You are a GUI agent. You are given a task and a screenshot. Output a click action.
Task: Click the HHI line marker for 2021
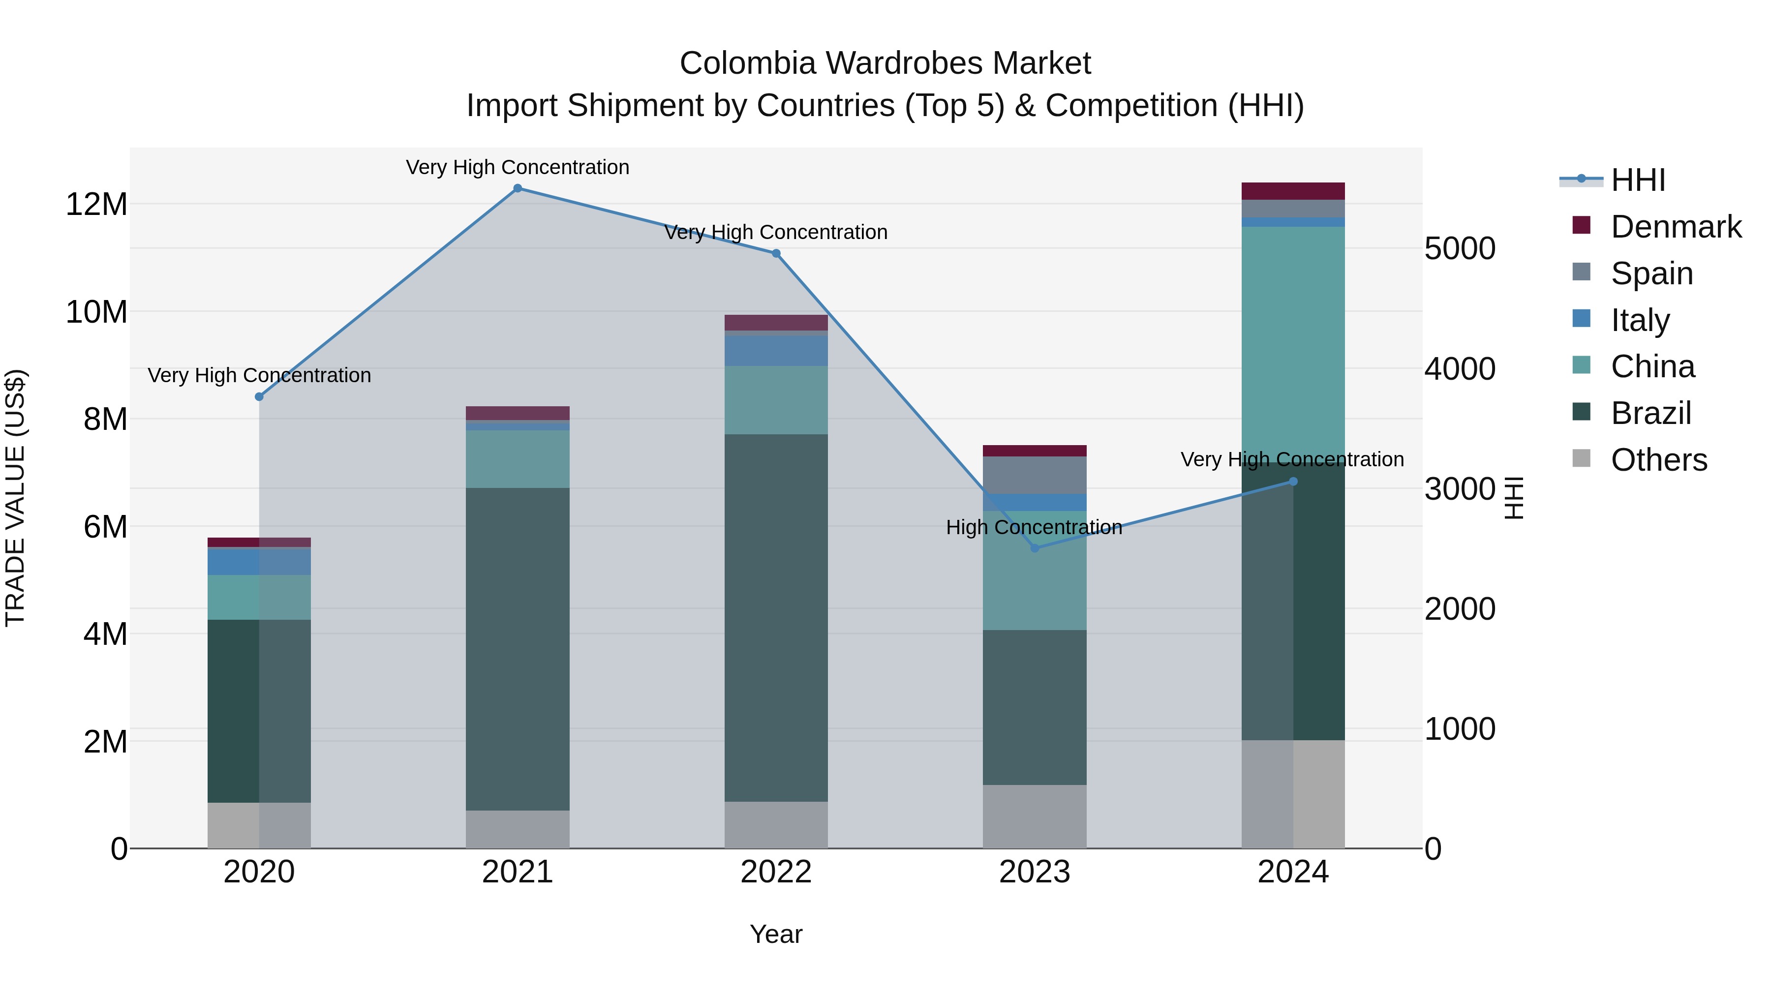point(518,188)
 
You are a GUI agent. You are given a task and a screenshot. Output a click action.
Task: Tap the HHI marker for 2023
point(1035,548)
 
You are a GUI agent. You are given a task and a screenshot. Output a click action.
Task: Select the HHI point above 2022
point(776,254)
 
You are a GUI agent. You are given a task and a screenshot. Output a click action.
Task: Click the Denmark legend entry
point(1676,227)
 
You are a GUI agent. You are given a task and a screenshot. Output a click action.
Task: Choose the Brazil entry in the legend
point(1650,413)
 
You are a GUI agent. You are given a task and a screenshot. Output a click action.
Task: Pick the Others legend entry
point(1658,460)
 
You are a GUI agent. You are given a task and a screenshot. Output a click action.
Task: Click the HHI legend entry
point(1638,180)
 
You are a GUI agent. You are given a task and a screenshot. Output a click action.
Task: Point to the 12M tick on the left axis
point(96,205)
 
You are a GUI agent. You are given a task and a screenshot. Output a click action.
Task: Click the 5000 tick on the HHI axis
point(1460,248)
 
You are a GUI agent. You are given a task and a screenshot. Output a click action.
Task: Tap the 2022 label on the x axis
point(776,872)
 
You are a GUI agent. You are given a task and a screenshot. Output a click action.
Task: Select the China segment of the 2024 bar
point(1293,344)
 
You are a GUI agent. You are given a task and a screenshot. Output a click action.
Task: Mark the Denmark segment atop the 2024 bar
point(1293,191)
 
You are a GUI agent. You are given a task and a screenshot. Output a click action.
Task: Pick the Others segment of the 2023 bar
point(1035,816)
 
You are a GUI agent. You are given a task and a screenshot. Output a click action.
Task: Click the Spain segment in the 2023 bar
point(1035,475)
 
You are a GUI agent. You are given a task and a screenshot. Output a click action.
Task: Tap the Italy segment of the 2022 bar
point(776,351)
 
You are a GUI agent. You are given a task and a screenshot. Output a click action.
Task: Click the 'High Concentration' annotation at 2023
point(1034,527)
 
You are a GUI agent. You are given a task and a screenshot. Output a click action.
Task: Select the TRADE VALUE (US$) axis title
point(15,498)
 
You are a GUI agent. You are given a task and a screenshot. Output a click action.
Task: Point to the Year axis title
point(776,934)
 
